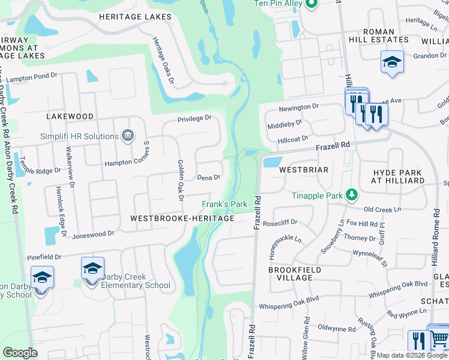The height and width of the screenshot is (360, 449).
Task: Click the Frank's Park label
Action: pyautogui.click(x=224, y=204)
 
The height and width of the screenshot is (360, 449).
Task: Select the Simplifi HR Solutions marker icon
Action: pyautogui.click(x=127, y=136)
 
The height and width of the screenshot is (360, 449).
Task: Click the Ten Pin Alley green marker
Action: pyautogui.click(x=310, y=5)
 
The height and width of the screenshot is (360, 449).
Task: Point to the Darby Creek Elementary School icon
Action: pyautogui.click(x=93, y=268)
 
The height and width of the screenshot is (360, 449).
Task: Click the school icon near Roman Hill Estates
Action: pyautogui.click(x=392, y=62)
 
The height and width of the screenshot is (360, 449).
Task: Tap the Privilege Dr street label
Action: pyautogui.click(x=194, y=119)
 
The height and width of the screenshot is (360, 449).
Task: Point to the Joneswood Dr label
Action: pyautogui.click(x=93, y=235)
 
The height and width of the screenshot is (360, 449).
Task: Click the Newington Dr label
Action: pyautogui.click(x=299, y=107)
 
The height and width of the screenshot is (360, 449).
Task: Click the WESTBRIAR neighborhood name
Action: pyautogui.click(x=304, y=170)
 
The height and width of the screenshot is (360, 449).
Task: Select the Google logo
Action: pyautogui.click(x=20, y=353)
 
